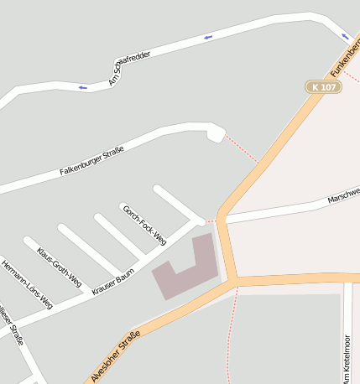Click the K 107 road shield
point(323,87)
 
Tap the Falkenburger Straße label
point(91,161)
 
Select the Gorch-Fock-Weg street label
point(143,225)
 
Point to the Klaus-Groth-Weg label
point(59,267)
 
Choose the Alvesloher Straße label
point(115,355)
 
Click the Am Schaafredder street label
point(129,68)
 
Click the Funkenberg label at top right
point(343,55)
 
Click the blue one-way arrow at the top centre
point(207,37)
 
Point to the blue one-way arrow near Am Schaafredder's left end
point(82,87)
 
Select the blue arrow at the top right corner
point(346,36)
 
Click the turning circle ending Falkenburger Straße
point(215,132)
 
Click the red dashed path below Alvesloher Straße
point(228,335)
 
